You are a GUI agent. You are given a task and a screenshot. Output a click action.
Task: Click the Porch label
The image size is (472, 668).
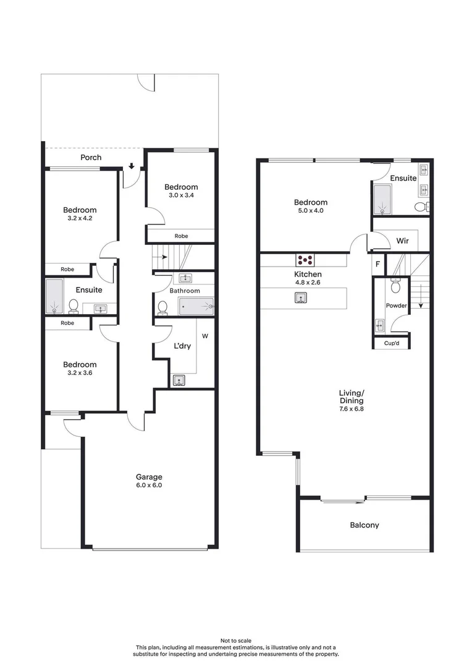pyautogui.click(x=91, y=158)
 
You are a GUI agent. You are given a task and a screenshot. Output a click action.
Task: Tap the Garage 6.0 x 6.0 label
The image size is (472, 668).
pyautogui.click(x=149, y=485)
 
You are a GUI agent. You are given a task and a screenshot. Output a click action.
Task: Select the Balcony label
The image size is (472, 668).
pyautogui.click(x=365, y=525)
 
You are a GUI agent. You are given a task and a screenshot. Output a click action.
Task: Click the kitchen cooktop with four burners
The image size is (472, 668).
pyautogui.click(x=304, y=260)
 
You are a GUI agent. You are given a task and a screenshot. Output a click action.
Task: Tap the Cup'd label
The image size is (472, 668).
pyautogui.click(x=390, y=343)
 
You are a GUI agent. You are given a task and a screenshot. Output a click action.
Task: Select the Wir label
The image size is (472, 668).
pyautogui.click(x=402, y=240)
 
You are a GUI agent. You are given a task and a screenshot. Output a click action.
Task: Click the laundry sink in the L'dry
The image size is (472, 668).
pyautogui.click(x=179, y=380)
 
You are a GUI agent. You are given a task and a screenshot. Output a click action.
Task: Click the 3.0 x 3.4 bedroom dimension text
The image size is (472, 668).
pyautogui.click(x=181, y=195)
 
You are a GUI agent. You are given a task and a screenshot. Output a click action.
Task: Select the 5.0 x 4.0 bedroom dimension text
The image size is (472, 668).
pyautogui.click(x=310, y=211)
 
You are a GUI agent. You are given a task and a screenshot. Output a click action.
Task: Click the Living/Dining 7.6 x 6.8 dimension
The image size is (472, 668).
pyautogui.click(x=352, y=408)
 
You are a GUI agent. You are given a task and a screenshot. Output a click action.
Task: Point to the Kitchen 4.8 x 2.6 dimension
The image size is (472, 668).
pyautogui.click(x=308, y=282)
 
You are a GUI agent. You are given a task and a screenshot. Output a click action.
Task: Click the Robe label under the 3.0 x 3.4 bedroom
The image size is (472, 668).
pyautogui.click(x=181, y=236)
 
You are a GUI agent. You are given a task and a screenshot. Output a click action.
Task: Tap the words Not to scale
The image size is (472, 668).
pyautogui.click(x=236, y=641)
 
